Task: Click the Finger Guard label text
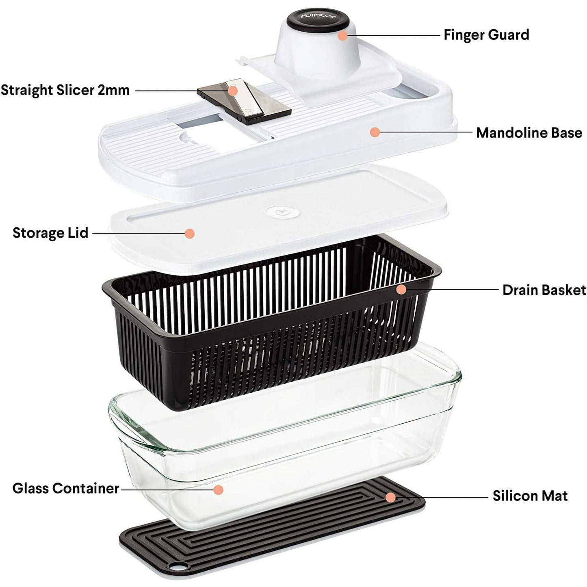[x=486, y=35]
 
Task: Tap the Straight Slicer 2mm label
[x=65, y=90]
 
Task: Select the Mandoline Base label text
[x=529, y=132]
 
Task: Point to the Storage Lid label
[x=50, y=233]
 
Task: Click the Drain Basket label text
[x=544, y=290]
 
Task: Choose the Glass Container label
[x=66, y=488]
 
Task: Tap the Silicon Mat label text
[x=530, y=496]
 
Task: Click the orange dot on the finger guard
[x=342, y=35]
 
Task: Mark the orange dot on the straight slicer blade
[x=232, y=90]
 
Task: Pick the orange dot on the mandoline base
[x=375, y=132]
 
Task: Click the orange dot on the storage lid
[x=189, y=233]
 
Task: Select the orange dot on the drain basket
[x=401, y=289]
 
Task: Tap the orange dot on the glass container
[x=219, y=490]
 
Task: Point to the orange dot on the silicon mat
[x=390, y=497]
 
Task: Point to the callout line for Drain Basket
[x=451, y=290]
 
